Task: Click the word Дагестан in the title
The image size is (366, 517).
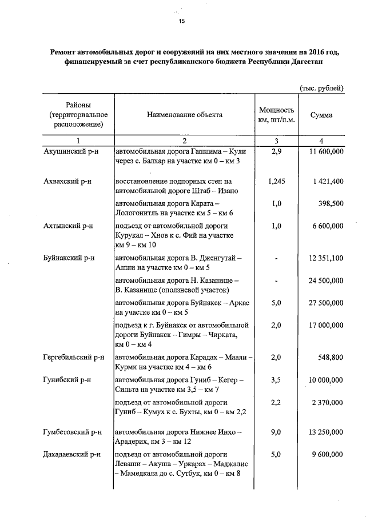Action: tap(309, 62)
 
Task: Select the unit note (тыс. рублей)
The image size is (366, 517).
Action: tap(321, 87)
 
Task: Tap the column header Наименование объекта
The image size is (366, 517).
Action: tap(185, 115)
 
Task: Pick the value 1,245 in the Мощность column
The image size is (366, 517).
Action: tap(276, 181)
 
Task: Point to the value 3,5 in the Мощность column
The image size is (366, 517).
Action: tap(276, 379)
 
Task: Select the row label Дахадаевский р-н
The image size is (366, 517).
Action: tap(72, 455)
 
